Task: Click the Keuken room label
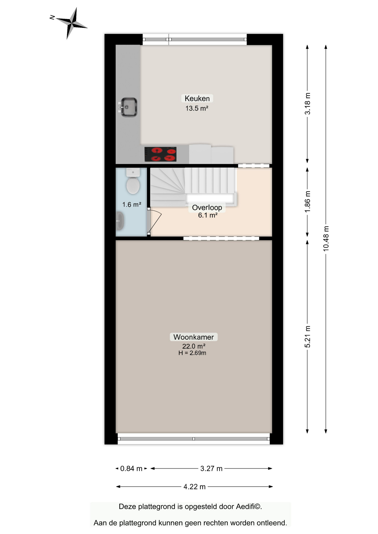click(x=197, y=98)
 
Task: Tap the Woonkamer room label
click(x=193, y=337)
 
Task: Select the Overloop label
click(x=207, y=207)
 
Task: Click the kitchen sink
click(x=128, y=107)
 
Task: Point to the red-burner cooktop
click(x=160, y=154)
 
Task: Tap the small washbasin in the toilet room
click(x=120, y=221)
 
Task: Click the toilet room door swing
click(x=155, y=221)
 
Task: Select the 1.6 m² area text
click(x=132, y=205)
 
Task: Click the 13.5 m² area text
click(x=197, y=108)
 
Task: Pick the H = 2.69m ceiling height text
click(x=192, y=353)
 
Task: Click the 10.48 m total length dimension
click(x=326, y=239)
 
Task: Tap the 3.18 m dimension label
click(x=307, y=103)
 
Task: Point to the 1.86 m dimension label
click(x=307, y=202)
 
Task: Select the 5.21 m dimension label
click(x=307, y=337)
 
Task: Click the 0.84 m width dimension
click(x=131, y=469)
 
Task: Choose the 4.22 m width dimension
click(x=194, y=487)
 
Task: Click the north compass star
click(x=72, y=24)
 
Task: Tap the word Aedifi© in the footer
click(x=249, y=506)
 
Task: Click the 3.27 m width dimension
click(x=211, y=469)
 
